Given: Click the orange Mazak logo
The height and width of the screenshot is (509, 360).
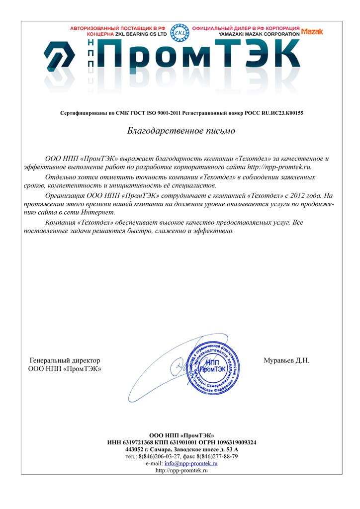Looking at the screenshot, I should (x=312, y=31).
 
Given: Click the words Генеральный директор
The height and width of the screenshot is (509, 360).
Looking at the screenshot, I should (x=65, y=360).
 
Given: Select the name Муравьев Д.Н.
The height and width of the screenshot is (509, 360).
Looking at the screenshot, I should (x=286, y=360).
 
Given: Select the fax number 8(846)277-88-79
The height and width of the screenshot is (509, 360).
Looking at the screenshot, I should (x=217, y=456).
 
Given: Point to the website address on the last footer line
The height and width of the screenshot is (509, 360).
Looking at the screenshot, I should (x=181, y=470).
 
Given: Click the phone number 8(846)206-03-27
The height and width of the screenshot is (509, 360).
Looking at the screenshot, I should (x=159, y=456).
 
